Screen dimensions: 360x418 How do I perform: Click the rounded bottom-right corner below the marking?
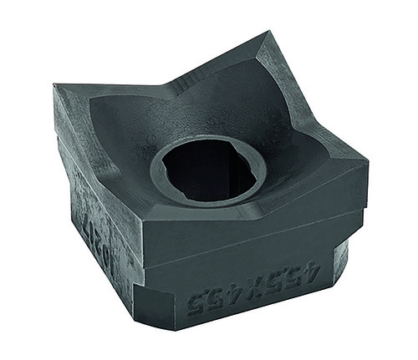click(339, 276)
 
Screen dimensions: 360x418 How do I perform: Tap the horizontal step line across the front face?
click(251, 260)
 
